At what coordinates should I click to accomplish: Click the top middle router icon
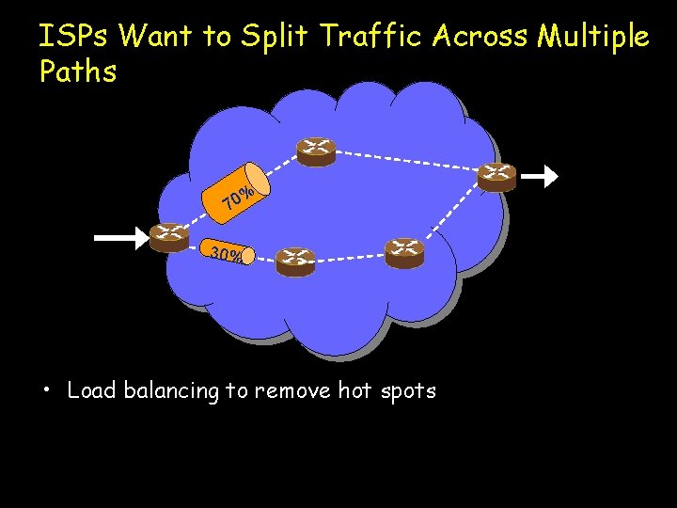[316, 151]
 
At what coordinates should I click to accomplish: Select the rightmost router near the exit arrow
[496, 176]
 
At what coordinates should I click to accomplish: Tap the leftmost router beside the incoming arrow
[169, 237]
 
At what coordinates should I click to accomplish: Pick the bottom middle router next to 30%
[295, 261]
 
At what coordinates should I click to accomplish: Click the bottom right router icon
[404, 252]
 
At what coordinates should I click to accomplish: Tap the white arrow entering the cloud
[120, 238]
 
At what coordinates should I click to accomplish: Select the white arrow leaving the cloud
[540, 176]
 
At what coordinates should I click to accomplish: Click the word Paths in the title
[78, 71]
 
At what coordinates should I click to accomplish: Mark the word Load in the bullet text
[91, 390]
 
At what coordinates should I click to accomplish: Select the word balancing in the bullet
[168, 390]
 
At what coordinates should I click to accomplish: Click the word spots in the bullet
[408, 390]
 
